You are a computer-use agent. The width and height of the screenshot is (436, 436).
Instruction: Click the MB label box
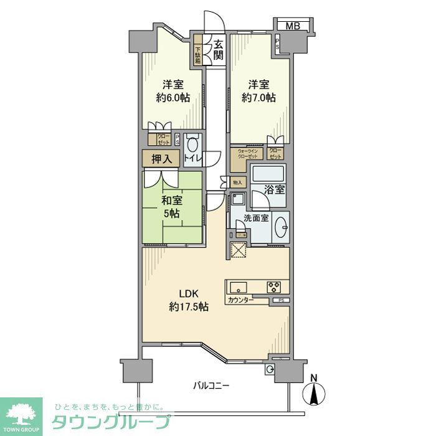pyautogui.click(x=291, y=26)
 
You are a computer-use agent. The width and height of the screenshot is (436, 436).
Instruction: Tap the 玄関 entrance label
pyautogui.click(x=219, y=50)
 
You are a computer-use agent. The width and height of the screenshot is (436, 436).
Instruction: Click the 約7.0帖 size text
pyautogui.click(x=259, y=98)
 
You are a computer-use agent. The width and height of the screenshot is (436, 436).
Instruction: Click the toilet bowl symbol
pyautogui.click(x=192, y=144)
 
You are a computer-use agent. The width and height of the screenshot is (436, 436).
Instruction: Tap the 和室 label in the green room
pyautogui.click(x=172, y=201)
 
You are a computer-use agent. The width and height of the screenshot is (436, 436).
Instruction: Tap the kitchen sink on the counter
pyautogui.click(x=239, y=287)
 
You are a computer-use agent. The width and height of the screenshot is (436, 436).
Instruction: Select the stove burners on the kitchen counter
pyautogui.click(x=274, y=287)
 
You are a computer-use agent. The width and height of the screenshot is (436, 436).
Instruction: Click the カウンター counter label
pyautogui.click(x=241, y=300)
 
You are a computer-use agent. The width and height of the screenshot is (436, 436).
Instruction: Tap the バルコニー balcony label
pyautogui.click(x=210, y=386)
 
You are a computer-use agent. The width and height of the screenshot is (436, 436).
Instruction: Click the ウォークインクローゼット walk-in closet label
pyautogui.click(x=247, y=153)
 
